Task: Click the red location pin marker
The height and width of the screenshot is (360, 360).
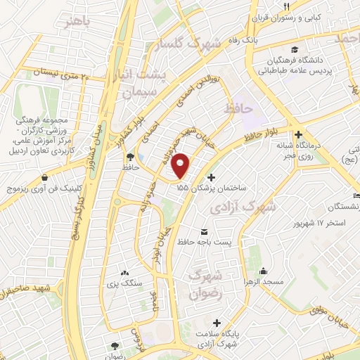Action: pos(181,165)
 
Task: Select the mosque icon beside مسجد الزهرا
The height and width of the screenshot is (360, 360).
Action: pos(263,271)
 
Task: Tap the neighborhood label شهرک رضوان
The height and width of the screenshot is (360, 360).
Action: pos(205,283)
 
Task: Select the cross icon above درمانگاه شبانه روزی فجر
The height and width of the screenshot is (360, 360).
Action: pos(299,134)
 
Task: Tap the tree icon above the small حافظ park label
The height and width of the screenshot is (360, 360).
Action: pos(130,157)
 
